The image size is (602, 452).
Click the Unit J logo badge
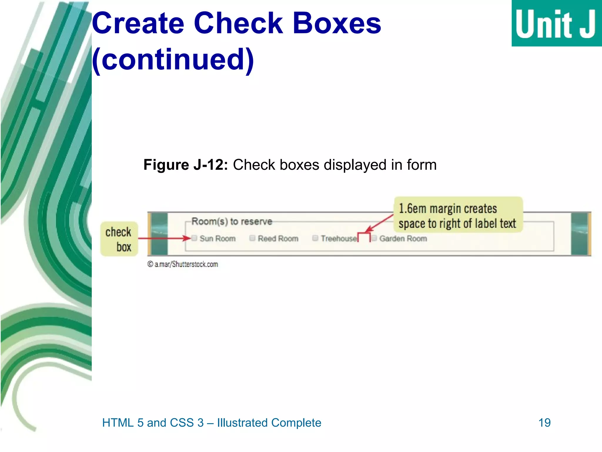(x=556, y=23)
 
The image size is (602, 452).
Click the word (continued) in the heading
(x=173, y=59)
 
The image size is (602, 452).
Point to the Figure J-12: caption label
(x=185, y=165)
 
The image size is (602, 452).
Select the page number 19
(x=544, y=423)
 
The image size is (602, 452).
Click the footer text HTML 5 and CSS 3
(x=153, y=423)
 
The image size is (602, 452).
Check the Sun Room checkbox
(x=194, y=238)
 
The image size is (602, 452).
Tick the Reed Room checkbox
(x=252, y=238)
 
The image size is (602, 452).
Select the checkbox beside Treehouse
(x=315, y=238)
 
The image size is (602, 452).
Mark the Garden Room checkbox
(x=374, y=238)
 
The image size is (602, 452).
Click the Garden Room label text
(x=403, y=238)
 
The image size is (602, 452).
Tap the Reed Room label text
(x=278, y=238)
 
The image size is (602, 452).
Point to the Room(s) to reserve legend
(x=232, y=221)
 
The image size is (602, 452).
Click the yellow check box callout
(x=119, y=239)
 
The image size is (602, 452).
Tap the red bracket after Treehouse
(x=364, y=235)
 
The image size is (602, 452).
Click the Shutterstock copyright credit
(x=183, y=264)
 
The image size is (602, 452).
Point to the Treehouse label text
(x=339, y=238)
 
